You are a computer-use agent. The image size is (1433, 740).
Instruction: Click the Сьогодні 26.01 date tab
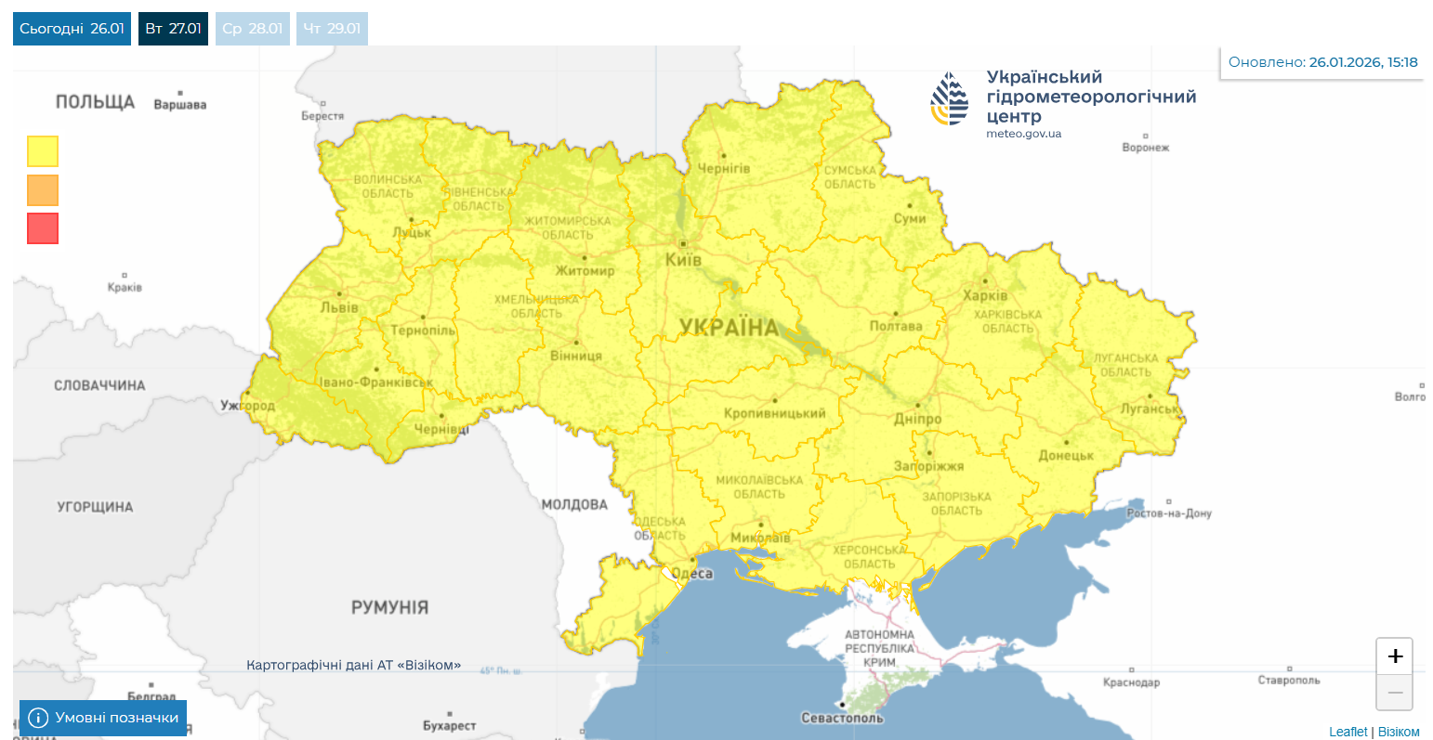point(72,29)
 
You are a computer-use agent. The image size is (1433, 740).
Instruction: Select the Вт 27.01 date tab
point(173,29)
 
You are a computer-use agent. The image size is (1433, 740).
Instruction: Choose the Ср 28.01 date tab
point(253,29)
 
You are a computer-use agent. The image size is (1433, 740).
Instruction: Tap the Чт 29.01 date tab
point(332,29)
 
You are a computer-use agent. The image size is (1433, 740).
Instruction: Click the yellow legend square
point(43,151)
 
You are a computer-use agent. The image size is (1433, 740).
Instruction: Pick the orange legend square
point(43,190)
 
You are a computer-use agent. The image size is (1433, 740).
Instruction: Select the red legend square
point(43,228)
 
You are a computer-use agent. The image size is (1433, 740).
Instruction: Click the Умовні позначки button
point(103,718)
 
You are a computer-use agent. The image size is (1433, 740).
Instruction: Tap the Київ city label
point(683,260)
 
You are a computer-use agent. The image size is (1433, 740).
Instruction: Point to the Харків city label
point(985,295)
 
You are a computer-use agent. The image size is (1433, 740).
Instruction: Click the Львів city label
point(339,307)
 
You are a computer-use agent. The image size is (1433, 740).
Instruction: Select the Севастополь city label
point(842,718)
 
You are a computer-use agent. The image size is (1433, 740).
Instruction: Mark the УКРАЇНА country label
point(729,327)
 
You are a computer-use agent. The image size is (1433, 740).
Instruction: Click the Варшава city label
point(180,105)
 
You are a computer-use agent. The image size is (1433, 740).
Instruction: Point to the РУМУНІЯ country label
point(389,607)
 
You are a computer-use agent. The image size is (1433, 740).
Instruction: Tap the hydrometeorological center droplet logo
point(950,99)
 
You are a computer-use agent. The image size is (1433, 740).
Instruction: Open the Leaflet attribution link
point(1348,732)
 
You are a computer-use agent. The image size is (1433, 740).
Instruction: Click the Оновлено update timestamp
point(1322,62)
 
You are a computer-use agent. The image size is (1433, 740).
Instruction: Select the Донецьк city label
point(1066,455)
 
